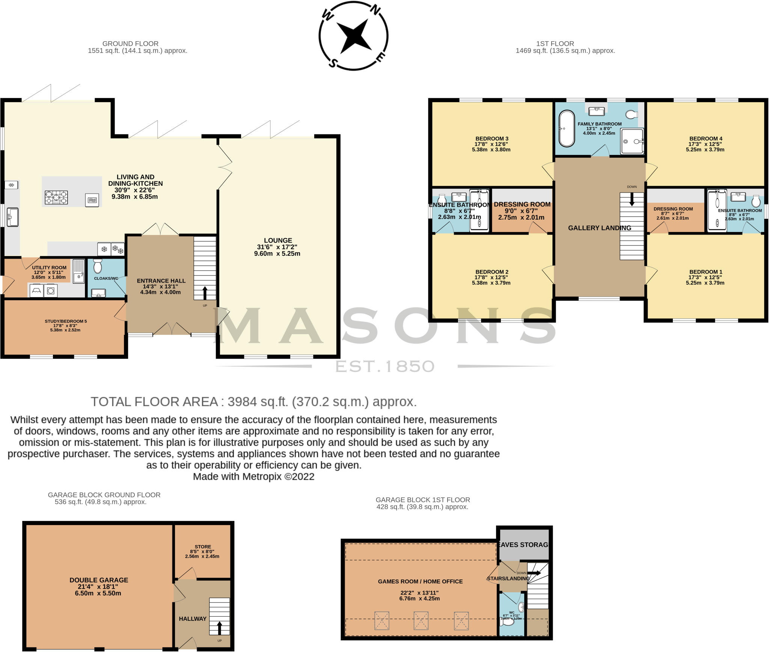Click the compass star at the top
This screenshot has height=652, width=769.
(x=353, y=36)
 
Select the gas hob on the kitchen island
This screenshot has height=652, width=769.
(x=56, y=197)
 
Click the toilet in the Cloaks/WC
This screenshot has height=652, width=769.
(x=98, y=266)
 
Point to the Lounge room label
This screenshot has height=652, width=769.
(x=277, y=240)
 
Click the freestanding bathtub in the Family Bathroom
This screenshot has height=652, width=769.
(x=567, y=129)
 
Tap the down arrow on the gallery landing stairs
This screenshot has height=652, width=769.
(x=632, y=199)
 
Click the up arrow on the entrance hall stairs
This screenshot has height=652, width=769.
(x=205, y=292)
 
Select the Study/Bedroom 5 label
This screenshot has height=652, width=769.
(x=66, y=321)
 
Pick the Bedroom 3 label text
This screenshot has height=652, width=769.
(x=491, y=139)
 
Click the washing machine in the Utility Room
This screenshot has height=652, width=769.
(x=51, y=291)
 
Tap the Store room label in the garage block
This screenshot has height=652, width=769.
(x=203, y=547)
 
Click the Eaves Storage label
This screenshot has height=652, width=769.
(x=524, y=545)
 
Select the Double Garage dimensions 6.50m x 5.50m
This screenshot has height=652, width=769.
(x=98, y=593)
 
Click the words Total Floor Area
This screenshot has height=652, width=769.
(x=154, y=402)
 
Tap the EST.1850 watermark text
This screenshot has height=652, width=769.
(x=385, y=366)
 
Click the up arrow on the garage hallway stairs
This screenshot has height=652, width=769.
(x=219, y=627)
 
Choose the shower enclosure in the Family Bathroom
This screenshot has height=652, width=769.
(x=632, y=141)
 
